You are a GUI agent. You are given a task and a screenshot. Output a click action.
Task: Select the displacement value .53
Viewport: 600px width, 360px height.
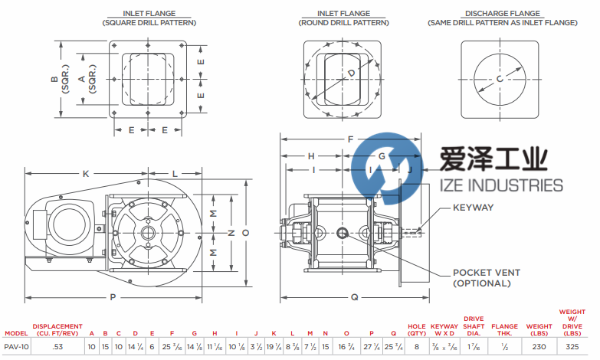point(56,347)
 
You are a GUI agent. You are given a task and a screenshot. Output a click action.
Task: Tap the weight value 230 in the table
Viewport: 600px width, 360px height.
point(537,347)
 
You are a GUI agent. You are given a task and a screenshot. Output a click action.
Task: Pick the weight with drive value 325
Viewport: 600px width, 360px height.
point(572,347)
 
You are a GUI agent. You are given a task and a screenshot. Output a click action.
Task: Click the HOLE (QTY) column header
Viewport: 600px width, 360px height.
point(417,329)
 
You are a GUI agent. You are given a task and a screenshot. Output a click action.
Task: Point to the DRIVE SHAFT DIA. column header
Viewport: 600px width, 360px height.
point(474,326)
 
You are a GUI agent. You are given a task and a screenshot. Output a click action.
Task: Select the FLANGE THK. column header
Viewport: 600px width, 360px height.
point(505,329)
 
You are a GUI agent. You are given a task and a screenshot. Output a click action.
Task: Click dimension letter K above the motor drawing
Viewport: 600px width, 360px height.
point(86,174)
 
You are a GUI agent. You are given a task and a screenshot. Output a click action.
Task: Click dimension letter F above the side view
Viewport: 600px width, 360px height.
point(350,139)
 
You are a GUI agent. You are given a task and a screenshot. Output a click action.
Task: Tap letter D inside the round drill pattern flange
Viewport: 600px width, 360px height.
point(352,73)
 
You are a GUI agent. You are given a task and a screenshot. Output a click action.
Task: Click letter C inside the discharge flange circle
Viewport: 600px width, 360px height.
point(500,79)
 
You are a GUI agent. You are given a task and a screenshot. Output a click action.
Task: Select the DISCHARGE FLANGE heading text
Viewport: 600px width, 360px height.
point(499,14)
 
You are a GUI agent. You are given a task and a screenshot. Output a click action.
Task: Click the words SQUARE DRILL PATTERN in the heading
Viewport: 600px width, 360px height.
point(149,23)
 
